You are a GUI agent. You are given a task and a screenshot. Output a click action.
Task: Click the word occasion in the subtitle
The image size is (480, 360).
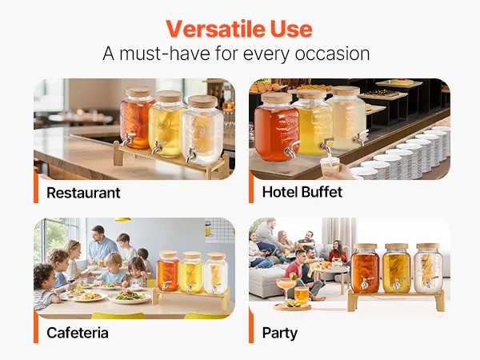tap(332, 54)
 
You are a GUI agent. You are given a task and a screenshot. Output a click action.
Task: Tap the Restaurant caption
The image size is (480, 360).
tap(83, 193)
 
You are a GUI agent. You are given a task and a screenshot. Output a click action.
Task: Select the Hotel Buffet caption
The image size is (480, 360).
tap(302, 192)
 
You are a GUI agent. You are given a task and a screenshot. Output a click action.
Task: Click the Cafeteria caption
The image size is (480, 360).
tap(78, 333)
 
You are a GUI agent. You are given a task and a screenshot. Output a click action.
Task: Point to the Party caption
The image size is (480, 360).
tap(279, 334)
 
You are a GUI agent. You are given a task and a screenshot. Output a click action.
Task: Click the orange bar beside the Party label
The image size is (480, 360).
tap(251, 326)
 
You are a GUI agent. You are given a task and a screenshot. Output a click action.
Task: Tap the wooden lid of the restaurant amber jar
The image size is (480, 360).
tap(138, 91)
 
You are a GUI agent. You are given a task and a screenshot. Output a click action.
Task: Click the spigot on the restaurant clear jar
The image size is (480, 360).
tap(192, 154)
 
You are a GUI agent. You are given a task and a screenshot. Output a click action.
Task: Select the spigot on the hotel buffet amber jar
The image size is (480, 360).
tap(291, 148)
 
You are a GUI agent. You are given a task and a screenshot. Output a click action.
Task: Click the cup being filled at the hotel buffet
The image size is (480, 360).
tap(330, 166)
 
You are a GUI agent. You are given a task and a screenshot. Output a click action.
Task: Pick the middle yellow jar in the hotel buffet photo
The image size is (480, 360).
tap(314, 122)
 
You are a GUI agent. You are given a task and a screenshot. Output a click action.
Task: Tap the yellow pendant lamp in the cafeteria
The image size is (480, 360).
tap(122, 219)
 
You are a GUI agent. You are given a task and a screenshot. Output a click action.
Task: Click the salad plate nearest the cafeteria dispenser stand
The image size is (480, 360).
tap(129, 297)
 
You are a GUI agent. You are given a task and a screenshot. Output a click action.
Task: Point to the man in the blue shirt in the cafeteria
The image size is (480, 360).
tap(101, 244)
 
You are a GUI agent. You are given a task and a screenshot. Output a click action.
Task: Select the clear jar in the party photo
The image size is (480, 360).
tap(428, 268)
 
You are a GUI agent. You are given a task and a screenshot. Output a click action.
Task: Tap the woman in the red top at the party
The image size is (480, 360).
tap(337, 252)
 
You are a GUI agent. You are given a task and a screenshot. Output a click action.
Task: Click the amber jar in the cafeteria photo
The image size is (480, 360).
tap(168, 270)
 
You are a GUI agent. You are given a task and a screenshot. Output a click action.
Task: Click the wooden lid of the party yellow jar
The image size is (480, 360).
tap(397, 246)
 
